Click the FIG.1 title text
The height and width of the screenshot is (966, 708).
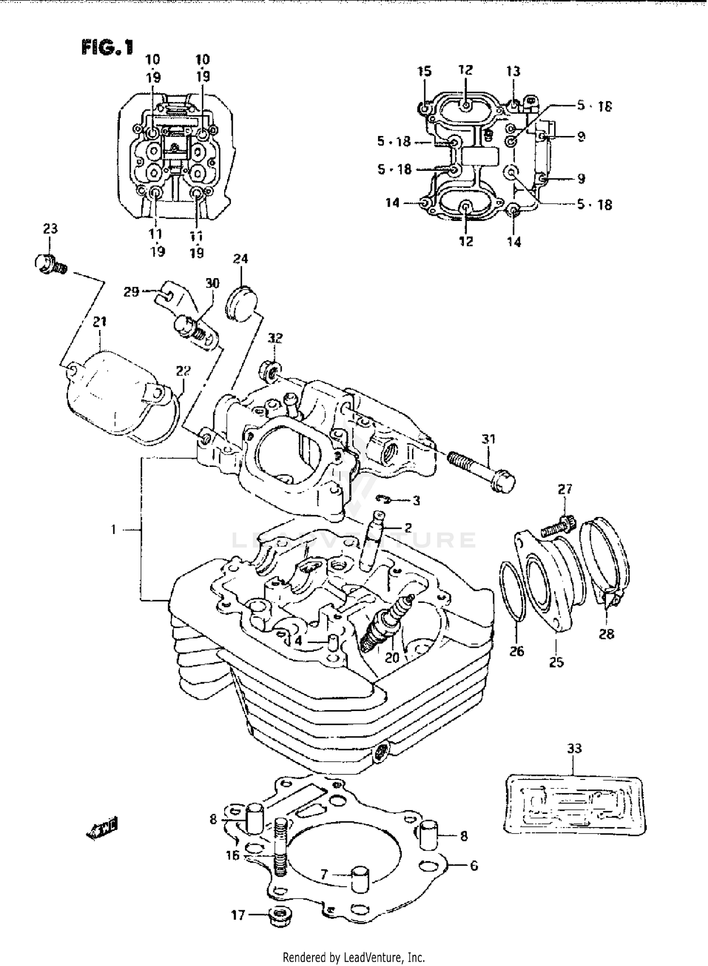click(x=108, y=48)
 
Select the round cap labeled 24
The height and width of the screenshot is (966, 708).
click(x=240, y=303)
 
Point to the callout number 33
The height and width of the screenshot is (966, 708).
click(x=574, y=748)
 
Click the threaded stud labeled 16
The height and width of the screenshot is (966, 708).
click(x=280, y=847)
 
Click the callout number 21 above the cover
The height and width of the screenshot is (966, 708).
click(x=99, y=322)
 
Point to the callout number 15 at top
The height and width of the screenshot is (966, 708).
click(x=424, y=71)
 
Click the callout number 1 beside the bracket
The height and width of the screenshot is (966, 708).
click(x=113, y=530)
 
